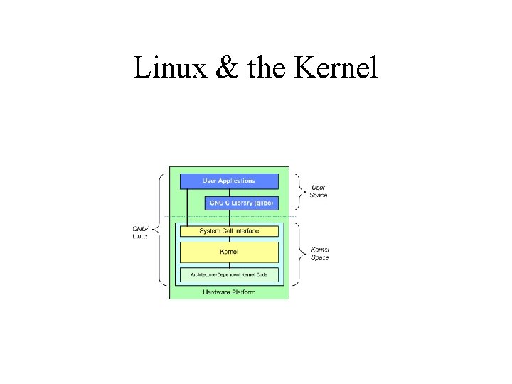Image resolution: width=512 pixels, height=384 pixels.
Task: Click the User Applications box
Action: click(228, 181)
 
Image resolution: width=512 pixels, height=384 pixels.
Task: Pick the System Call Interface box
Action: click(228, 231)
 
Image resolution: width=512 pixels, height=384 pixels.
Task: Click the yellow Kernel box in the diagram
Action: click(228, 252)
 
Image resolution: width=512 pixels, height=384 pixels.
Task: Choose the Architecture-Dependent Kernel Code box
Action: click(228, 274)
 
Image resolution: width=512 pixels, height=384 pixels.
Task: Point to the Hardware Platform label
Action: click(228, 292)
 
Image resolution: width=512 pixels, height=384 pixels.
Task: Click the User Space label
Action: click(319, 191)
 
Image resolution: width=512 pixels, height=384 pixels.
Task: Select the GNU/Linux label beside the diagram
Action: click(140, 232)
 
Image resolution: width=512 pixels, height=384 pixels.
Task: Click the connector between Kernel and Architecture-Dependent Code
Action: click(228, 265)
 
